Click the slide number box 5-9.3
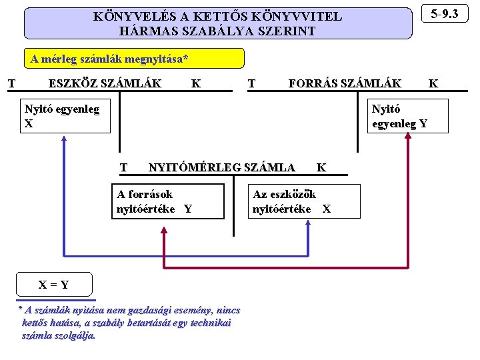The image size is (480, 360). click(x=445, y=14)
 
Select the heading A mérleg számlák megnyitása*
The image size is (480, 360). click(x=109, y=59)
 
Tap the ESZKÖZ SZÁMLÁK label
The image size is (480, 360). click(x=105, y=83)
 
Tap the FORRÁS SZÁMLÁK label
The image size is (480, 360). click(x=345, y=83)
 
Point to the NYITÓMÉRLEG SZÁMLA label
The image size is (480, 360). click(x=221, y=167)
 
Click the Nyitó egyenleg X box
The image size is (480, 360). click(x=65, y=116)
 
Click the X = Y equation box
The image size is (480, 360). click(x=53, y=285)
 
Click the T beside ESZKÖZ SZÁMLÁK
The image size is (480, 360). click(x=11, y=83)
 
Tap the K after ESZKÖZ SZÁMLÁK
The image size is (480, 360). click(x=195, y=83)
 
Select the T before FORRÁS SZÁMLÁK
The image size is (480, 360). click(x=251, y=83)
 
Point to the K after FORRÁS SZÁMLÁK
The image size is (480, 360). click(x=433, y=83)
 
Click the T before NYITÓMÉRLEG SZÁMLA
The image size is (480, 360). click(x=123, y=167)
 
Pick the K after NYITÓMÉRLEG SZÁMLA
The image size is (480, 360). click(x=321, y=167)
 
